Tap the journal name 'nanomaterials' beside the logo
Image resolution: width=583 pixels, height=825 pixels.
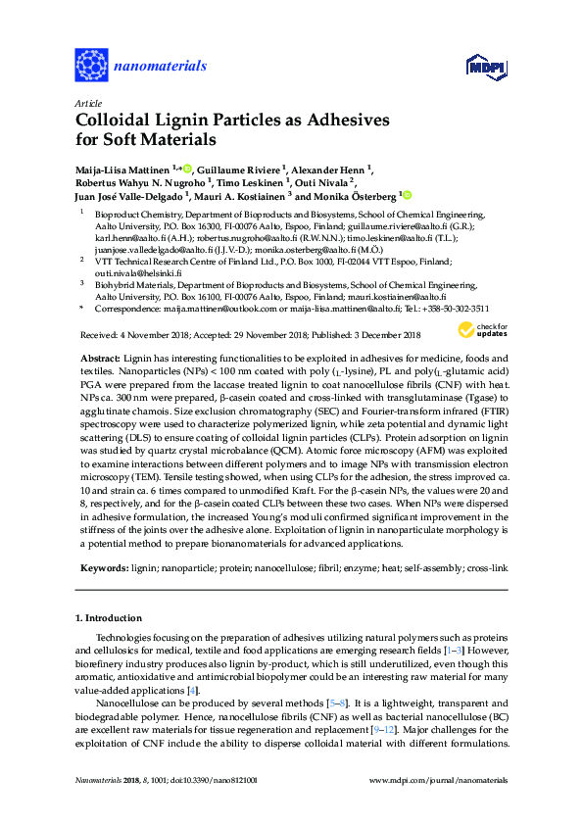point(161,67)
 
